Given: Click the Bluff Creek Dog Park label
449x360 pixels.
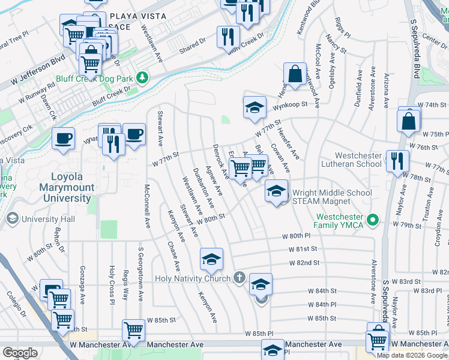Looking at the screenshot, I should pyautogui.click(x=94, y=78).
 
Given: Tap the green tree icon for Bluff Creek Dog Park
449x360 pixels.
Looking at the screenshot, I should pyautogui.click(x=142, y=77).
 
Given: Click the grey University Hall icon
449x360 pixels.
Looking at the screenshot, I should pyautogui.click(x=11, y=220).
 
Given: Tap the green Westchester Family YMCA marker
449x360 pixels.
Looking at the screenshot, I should pyautogui.click(x=372, y=220).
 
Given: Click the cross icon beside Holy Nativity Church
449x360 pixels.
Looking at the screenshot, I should pyautogui.click(x=239, y=278).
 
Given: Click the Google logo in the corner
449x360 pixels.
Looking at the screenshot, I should pyautogui.click(x=20, y=352).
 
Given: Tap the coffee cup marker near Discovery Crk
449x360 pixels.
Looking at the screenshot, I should pyautogui.click(x=63, y=139).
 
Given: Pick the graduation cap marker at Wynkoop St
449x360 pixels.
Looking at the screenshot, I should pyautogui.click(x=255, y=107).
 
